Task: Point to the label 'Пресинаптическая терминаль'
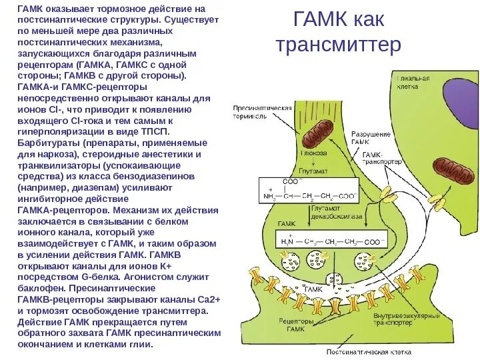[262, 111]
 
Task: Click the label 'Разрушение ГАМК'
[370, 138]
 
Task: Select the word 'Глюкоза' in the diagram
[313, 153]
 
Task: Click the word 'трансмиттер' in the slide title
[338, 45]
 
